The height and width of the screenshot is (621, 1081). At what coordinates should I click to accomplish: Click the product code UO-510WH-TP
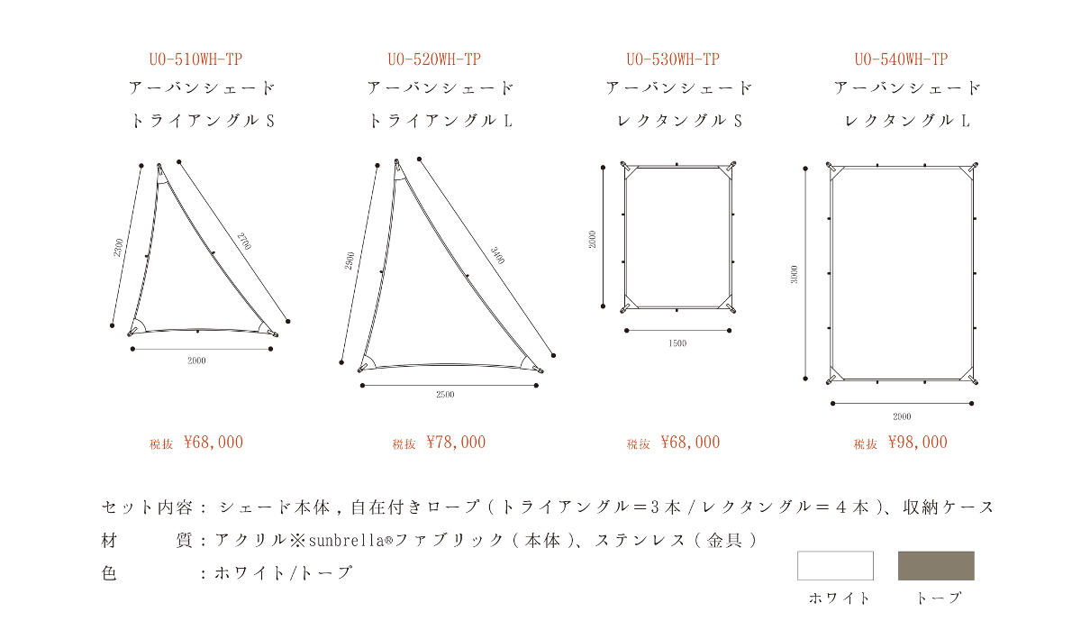tap(195, 59)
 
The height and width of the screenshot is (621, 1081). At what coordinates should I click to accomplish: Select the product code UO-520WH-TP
tap(434, 59)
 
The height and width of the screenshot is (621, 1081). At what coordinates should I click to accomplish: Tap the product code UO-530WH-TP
tap(673, 59)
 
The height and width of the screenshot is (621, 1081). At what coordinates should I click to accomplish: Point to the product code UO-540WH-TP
tap(901, 59)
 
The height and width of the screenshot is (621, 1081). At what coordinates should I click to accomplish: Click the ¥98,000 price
tap(918, 443)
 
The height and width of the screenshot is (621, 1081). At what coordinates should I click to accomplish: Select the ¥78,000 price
tap(456, 443)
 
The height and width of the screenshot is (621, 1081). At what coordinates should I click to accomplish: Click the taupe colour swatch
tap(936, 565)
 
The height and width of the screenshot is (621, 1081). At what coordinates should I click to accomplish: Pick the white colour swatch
tap(835, 565)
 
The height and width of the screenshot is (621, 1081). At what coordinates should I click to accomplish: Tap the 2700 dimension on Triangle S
tap(244, 242)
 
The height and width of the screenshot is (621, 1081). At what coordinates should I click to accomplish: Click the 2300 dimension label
tap(118, 248)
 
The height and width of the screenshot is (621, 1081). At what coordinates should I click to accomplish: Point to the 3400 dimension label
tap(497, 255)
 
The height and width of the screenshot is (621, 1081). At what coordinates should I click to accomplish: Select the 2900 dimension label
tap(350, 260)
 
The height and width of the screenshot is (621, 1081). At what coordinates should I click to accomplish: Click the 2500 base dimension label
tap(445, 395)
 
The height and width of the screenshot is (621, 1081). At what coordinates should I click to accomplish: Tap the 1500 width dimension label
tap(677, 343)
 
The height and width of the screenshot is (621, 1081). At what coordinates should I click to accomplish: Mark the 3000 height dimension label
tap(794, 274)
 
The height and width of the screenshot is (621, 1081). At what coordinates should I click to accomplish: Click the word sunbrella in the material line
tap(346, 541)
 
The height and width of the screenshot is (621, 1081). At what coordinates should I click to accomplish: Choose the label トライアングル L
tap(441, 121)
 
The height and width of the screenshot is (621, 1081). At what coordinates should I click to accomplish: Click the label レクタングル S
tap(679, 121)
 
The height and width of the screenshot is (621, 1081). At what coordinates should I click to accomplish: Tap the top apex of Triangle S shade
tap(159, 166)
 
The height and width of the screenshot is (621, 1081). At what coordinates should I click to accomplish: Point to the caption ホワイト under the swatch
tap(839, 598)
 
